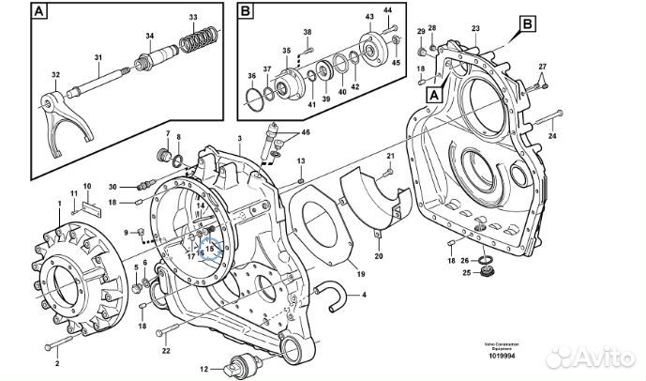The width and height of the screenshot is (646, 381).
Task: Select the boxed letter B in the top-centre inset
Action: (x=245, y=11)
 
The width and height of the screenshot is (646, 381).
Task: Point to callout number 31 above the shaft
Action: (x=98, y=58)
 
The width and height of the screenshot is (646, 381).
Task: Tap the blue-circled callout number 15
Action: (x=211, y=250)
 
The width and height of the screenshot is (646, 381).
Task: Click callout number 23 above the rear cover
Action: (x=475, y=30)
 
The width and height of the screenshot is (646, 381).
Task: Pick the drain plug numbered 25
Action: (x=486, y=272)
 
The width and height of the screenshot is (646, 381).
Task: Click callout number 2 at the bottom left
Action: (x=56, y=362)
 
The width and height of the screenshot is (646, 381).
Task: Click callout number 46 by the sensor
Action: (x=303, y=134)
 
